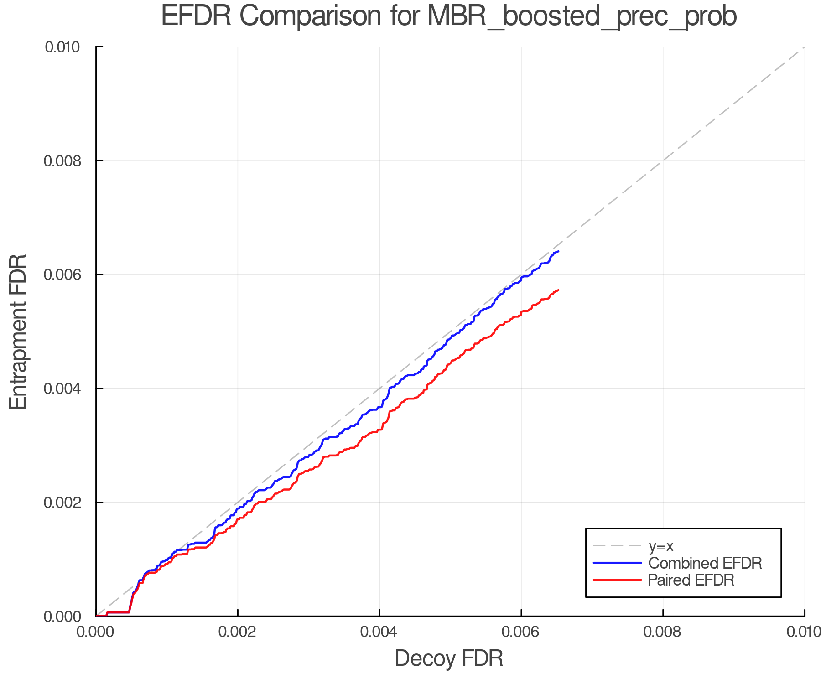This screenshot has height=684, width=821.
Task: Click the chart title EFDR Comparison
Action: pos(449,16)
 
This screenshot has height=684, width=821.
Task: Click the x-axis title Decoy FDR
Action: pos(449,658)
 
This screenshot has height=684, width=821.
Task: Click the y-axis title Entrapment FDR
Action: pos(18,332)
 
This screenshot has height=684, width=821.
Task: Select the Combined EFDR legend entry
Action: pos(705,563)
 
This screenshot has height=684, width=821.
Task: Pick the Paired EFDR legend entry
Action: pos(691,580)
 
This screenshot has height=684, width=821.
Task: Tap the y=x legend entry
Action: pos(661,546)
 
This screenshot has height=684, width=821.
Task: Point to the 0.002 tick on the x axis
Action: pos(238,632)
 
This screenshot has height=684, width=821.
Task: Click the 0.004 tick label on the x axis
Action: pos(379,632)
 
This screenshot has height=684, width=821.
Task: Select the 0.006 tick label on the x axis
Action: pos(521,632)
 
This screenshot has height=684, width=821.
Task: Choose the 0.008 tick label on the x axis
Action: pos(663,632)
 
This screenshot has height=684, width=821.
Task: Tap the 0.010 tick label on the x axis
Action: pos(804,632)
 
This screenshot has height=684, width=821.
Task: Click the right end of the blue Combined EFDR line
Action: pos(558,251)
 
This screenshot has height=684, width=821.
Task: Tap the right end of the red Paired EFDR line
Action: pos(558,290)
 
